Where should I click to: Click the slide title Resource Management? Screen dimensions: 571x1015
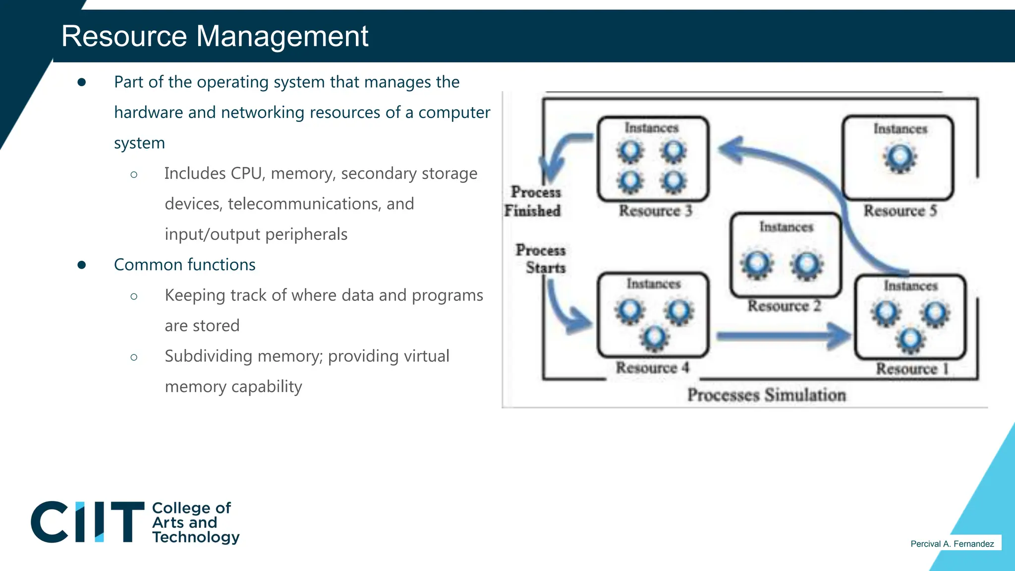tap(215, 37)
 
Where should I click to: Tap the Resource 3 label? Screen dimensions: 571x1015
tap(655, 211)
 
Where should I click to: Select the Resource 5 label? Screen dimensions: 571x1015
tap(900, 211)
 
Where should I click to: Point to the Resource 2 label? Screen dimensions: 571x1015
tap(784, 306)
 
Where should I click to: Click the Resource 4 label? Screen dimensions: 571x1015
tap(652, 368)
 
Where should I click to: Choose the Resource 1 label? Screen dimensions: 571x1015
tap(912, 369)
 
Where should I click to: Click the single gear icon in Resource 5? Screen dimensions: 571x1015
tap(900, 158)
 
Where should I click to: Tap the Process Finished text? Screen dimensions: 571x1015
tap(533, 201)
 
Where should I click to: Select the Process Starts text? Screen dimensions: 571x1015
tap(541, 259)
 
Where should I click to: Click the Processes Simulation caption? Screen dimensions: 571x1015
tap(766, 395)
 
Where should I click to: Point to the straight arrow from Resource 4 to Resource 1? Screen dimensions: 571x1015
tap(783, 337)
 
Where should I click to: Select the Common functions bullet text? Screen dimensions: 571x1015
tap(184, 265)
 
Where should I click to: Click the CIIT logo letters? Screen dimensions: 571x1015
tap(87, 522)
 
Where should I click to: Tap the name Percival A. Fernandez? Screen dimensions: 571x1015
tap(952, 544)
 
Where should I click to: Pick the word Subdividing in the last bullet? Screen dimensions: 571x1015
tap(209, 356)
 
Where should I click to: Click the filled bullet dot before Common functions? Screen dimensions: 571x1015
tap(82, 265)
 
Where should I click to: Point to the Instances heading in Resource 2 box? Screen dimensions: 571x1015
tap(786, 227)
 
